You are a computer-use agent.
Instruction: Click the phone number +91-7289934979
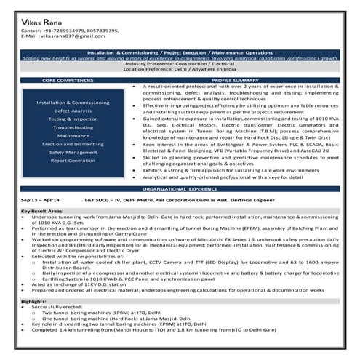coord(60,31)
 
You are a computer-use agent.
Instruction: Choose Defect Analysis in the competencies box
coord(73,111)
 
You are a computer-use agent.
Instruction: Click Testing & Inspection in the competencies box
coord(73,119)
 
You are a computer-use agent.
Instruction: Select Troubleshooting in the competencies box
coord(73,127)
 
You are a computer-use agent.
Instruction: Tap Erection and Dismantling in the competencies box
coord(73,143)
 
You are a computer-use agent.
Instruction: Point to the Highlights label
coord(33,300)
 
